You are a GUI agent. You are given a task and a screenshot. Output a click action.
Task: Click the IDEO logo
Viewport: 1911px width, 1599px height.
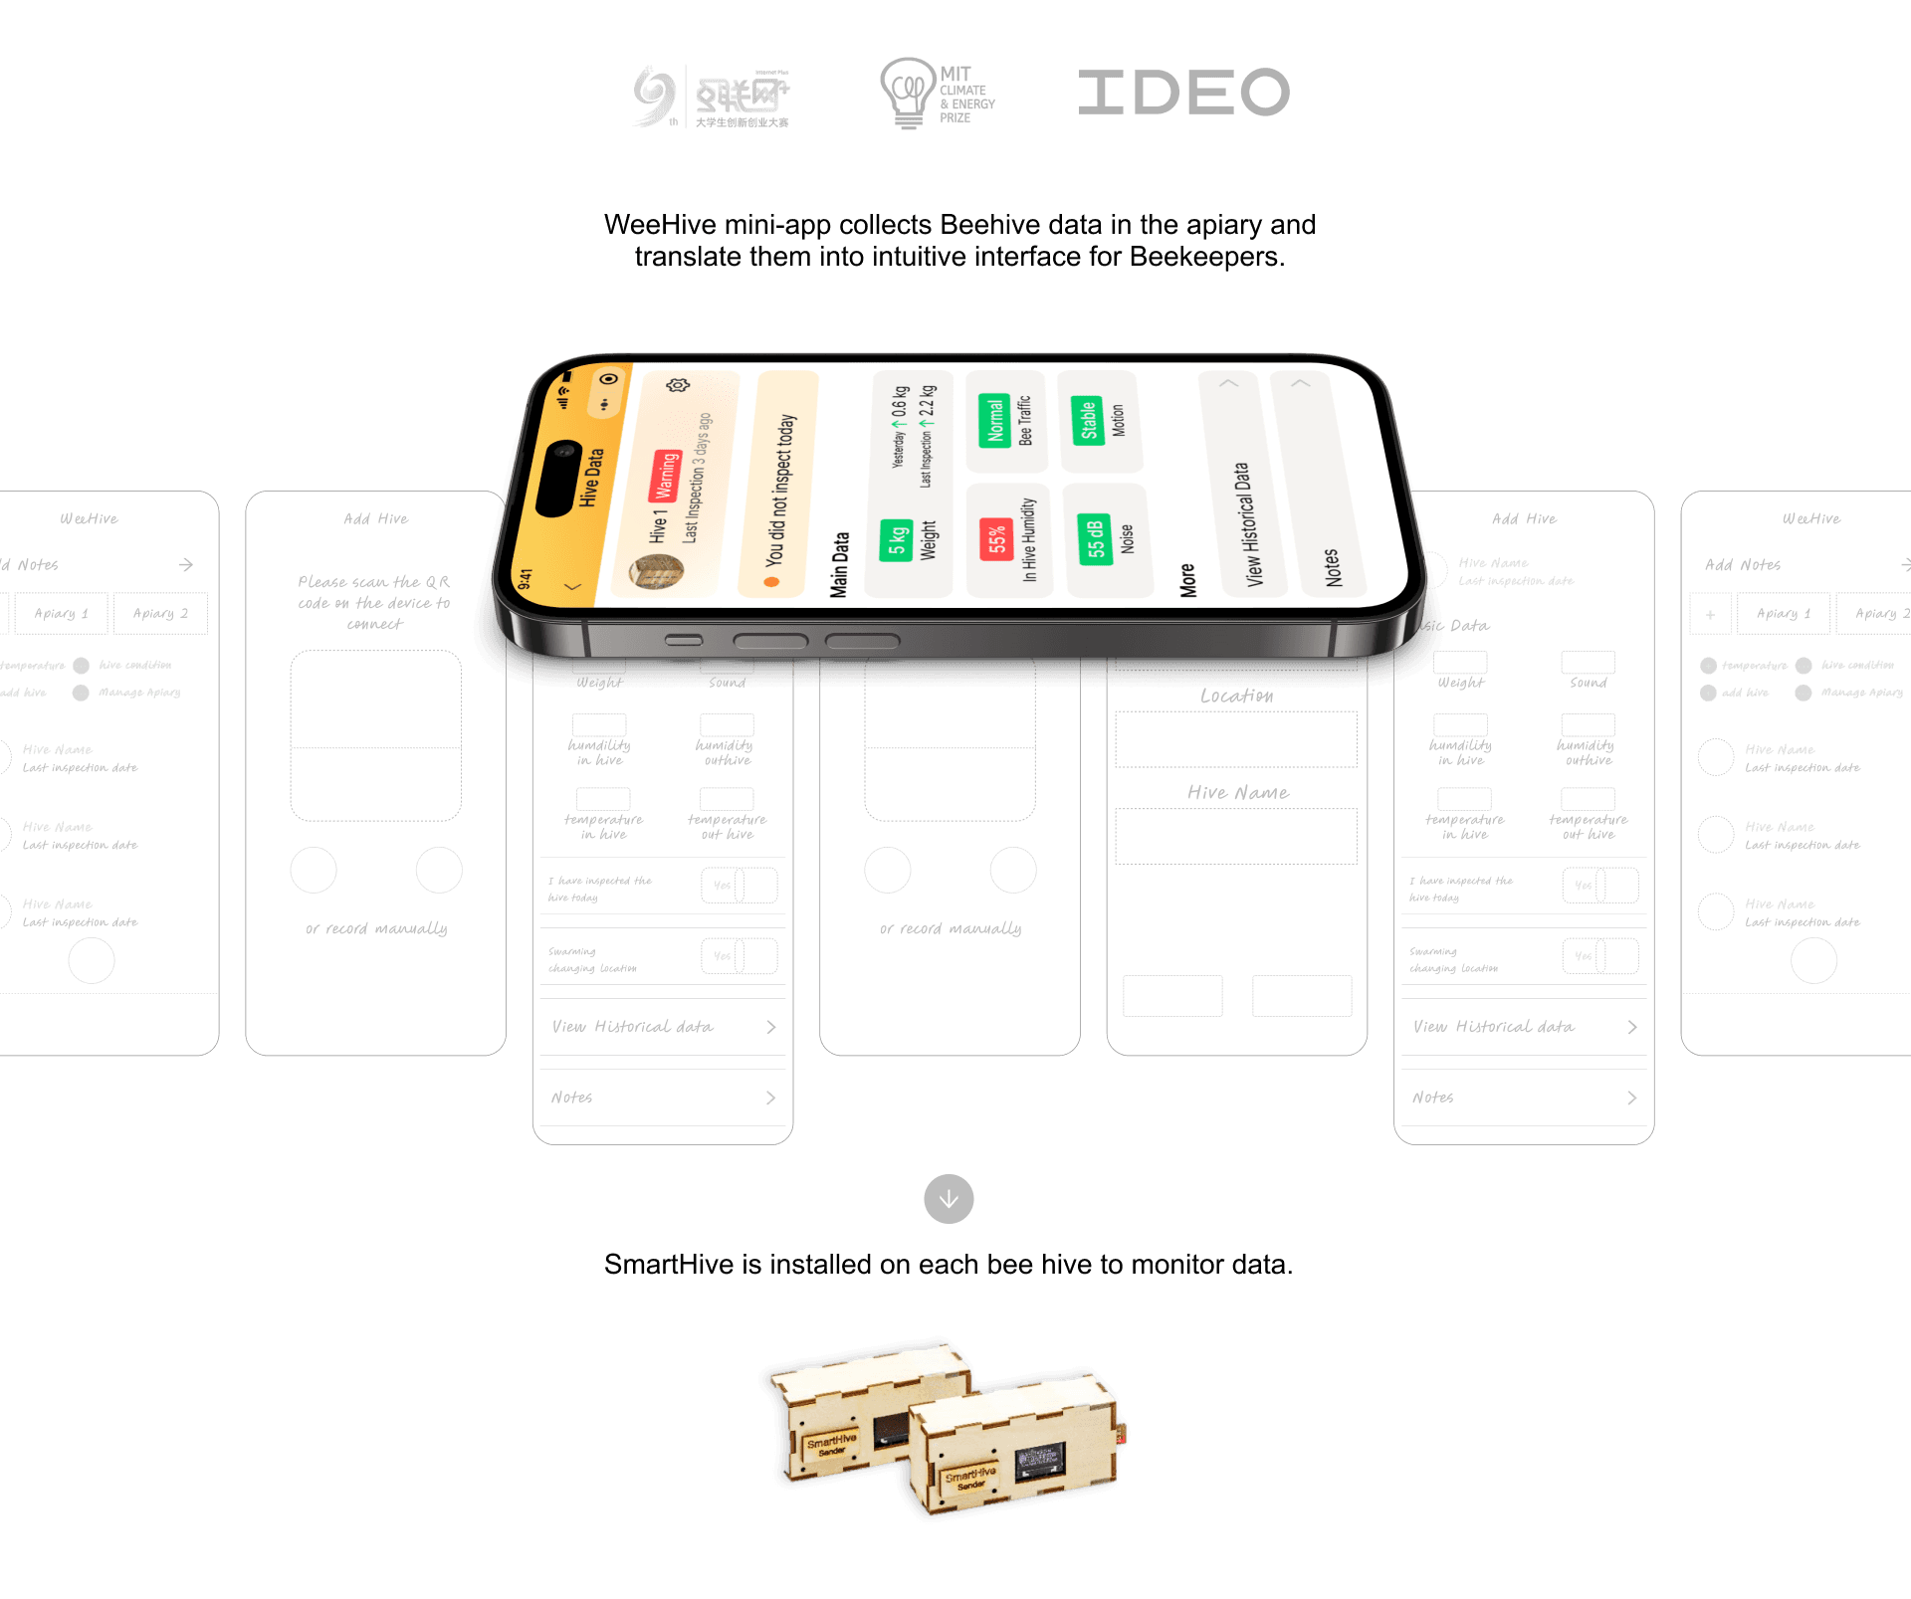tap(1183, 93)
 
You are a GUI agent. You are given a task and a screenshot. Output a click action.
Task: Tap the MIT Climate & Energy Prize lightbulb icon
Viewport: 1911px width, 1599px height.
tap(907, 92)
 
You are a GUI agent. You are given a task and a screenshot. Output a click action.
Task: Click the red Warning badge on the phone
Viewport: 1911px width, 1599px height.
tap(665, 477)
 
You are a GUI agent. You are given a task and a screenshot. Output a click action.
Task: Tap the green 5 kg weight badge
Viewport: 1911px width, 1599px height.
tap(896, 540)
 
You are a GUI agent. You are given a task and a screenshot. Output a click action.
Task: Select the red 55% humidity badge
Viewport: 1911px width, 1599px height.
tap(995, 540)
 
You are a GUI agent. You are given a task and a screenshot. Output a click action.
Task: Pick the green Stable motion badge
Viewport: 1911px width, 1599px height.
tap(1087, 419)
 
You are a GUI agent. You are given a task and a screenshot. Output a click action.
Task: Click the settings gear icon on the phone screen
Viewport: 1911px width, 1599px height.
tap(678, 385)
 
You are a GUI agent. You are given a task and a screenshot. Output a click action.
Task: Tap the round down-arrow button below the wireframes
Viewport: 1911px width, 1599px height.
tap(949, 1199)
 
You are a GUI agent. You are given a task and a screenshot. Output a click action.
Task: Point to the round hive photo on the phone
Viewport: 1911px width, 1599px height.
tap(657, 571)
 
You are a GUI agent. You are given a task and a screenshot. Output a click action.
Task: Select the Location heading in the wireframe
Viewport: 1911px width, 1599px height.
tap(1236, 696)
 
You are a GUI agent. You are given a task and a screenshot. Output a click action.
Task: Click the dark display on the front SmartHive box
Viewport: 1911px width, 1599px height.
tap(1040, 1463)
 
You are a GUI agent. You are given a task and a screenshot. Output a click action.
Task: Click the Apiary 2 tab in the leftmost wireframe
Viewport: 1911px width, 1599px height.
tap(160, 614)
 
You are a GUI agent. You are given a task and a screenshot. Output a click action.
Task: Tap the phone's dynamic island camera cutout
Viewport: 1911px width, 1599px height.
tap(559, 478)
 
